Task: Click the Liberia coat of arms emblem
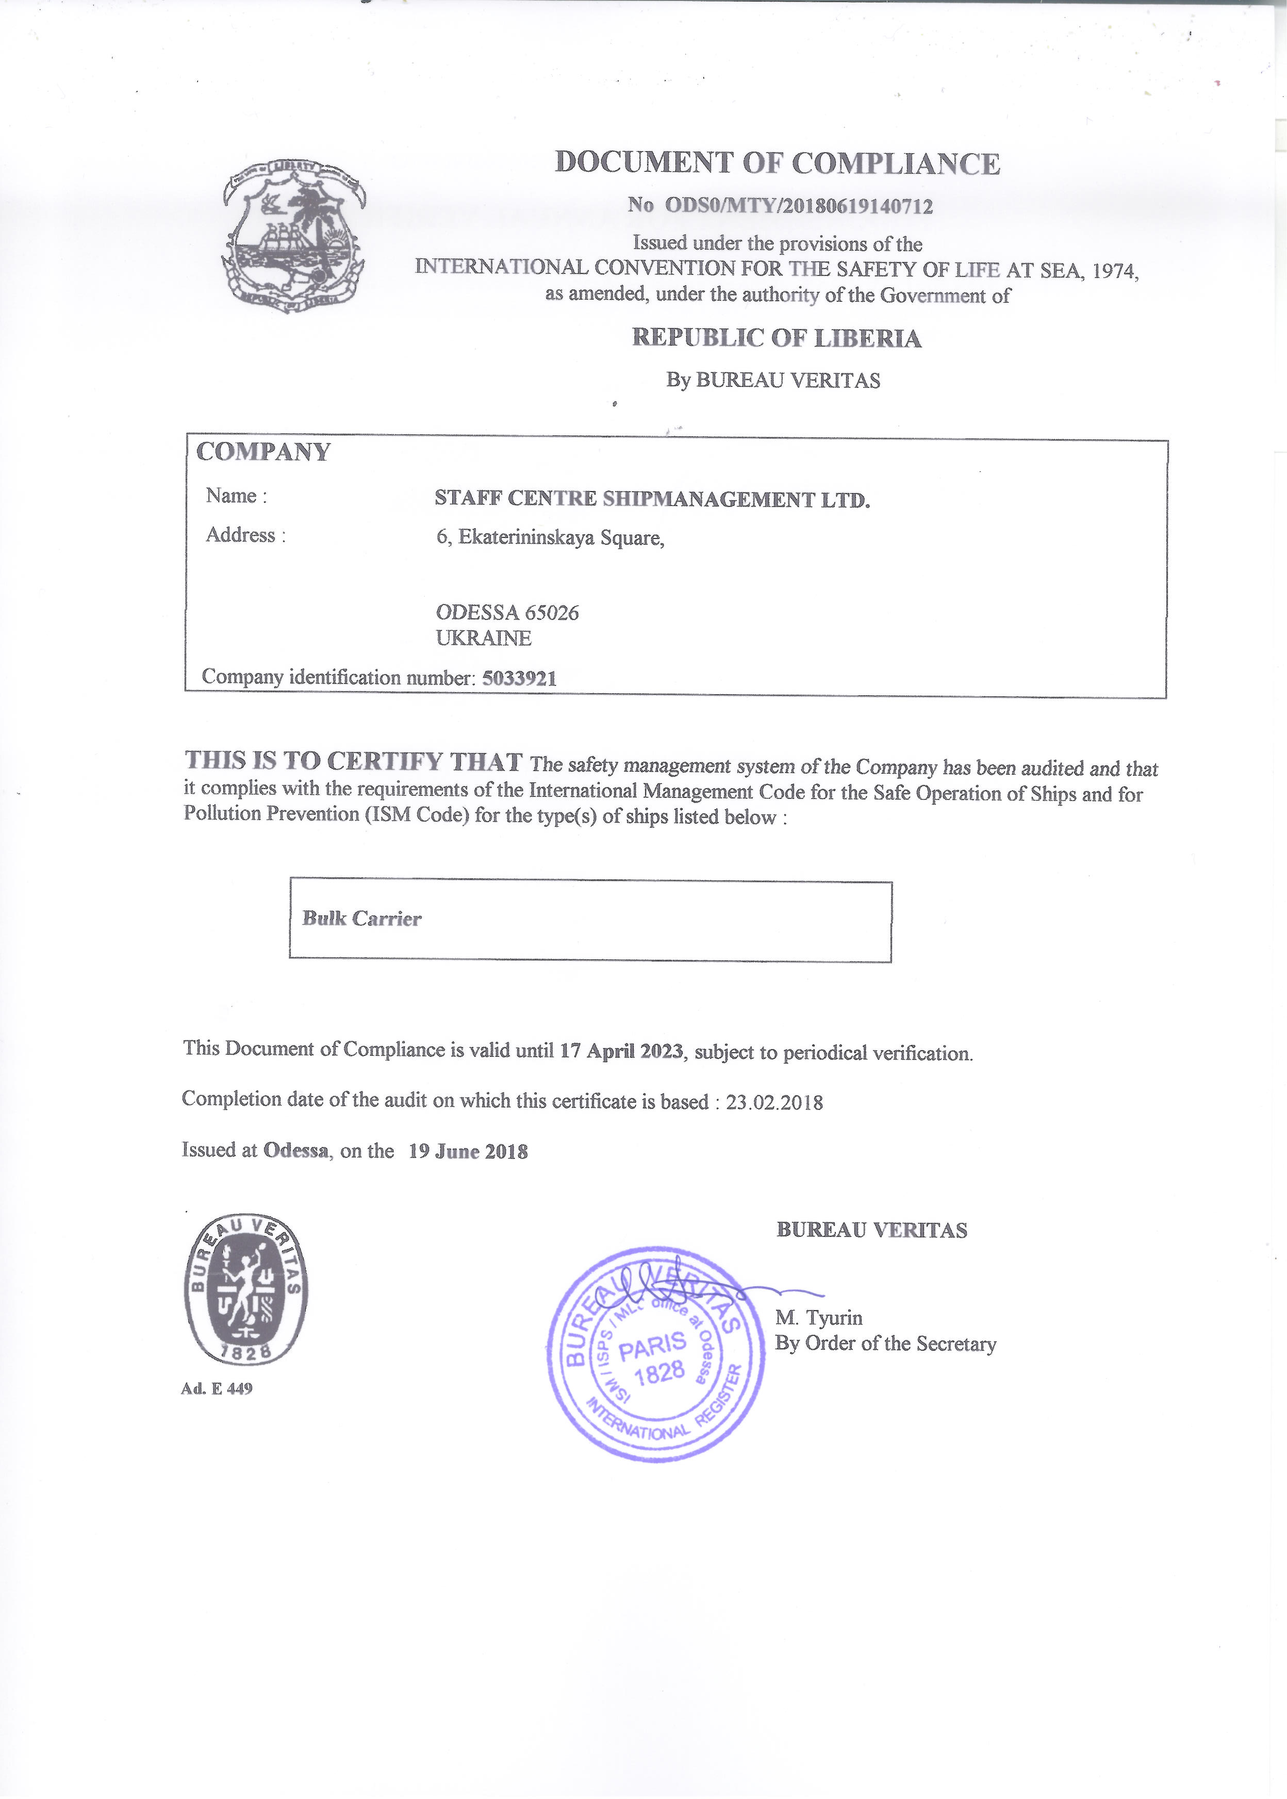click(x=293, y=235)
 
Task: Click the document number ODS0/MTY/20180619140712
click(x=798, y=206)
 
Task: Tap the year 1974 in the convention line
click(x=1114, y=271)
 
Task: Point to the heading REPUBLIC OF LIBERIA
click(x=776, y=338)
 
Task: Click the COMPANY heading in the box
click(x=263, y=452)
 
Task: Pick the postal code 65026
click(x=552, y=613)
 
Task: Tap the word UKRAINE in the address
click(x=484, y=638)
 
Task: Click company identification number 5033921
click(x=519, y=678)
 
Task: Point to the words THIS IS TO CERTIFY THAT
click(x=353, y=761)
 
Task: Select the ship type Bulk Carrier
click(x=361, y=919)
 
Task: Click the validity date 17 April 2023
click(x=621, y=1051)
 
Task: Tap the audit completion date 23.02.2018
click(x=774, y=1102)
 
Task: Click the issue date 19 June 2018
click(x=468, y=1152)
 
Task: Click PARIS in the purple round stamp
click(x=652, y=1345)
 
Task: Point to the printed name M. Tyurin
click(x=819, y=1318)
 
